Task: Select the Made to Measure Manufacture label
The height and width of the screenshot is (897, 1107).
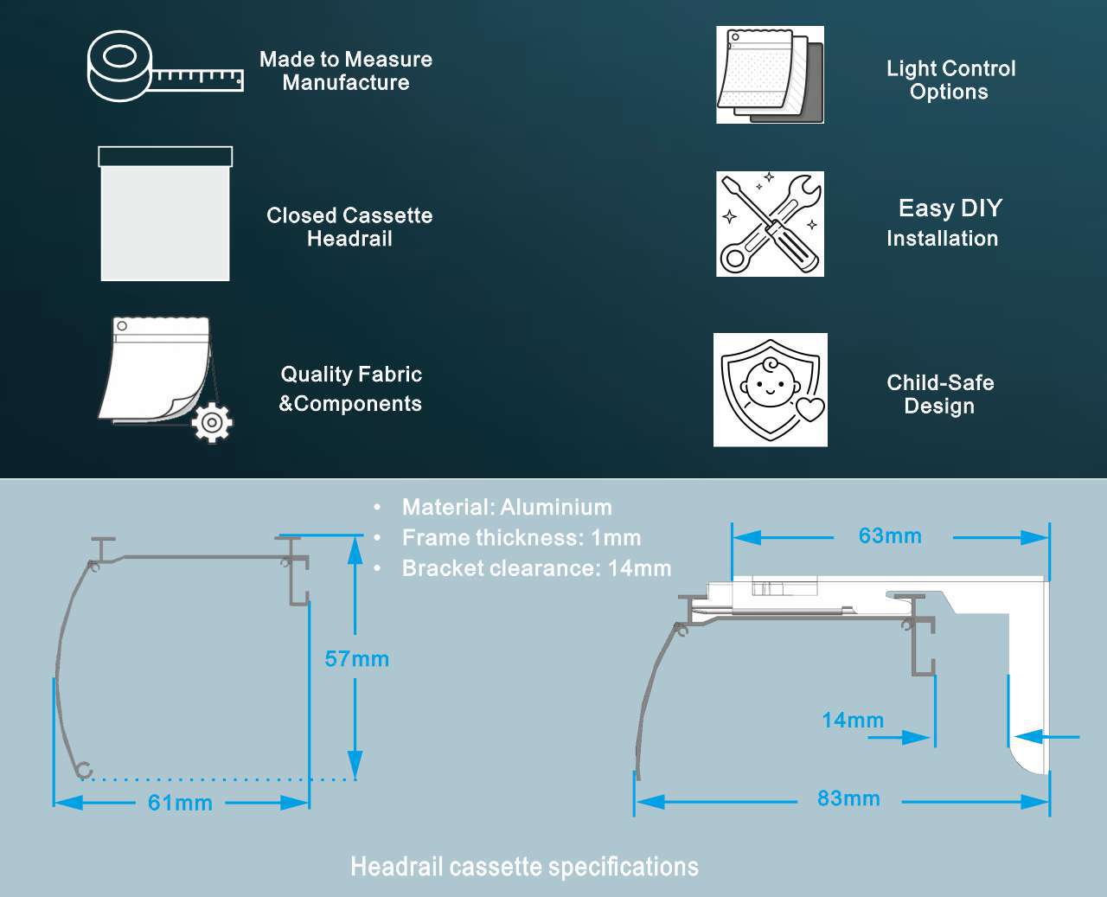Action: click(x=346, y=71)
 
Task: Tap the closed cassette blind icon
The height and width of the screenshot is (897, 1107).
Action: click(x=165, y=214)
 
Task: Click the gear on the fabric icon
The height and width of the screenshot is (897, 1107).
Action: click(x=212, y=422)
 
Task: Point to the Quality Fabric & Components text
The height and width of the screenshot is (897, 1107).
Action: click(x=350, y=388)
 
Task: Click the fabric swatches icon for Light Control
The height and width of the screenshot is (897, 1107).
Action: click(x=770, y=74)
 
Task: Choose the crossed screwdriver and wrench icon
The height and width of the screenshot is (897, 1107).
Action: click(x=770, y=224)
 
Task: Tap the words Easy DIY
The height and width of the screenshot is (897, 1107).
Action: click(x=950, y=208)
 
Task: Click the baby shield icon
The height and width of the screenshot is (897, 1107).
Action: click(x=770, y=390)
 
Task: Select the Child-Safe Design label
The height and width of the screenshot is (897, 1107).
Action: click(x=940, y=394)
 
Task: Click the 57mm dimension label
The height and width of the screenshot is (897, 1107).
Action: click(x=356, y=659)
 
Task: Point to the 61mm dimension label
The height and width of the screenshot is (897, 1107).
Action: click(x=180, y=803)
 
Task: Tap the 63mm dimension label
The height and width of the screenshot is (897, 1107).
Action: click(x=890, y=536)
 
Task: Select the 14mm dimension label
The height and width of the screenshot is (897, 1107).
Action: click(x=852, y=721)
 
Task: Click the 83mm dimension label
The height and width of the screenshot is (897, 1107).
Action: click(x=848, y=798)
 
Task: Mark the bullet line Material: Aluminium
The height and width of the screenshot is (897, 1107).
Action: click(x=507, y=507)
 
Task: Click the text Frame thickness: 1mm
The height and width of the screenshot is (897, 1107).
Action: click(x=522, y=538)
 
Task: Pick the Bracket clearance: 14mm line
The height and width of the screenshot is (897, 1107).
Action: click(x=536, y=568)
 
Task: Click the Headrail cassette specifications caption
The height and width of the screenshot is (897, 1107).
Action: click(x=524, y=867)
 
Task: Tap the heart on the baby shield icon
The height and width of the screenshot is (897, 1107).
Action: click(x=810, y=408)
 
